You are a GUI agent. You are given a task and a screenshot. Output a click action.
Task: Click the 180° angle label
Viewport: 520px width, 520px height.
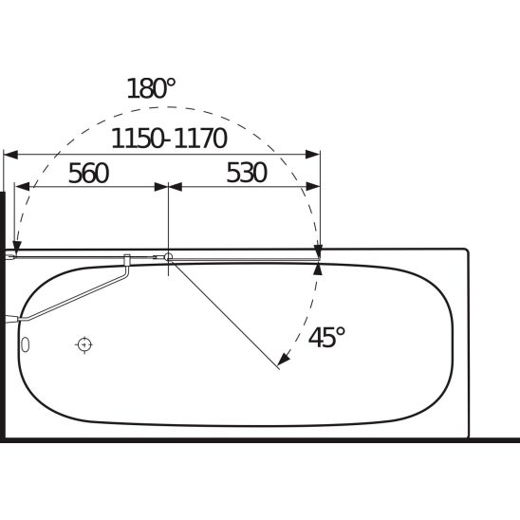(x=151, y=88)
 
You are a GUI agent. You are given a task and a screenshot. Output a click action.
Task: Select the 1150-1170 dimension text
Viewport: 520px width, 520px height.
(x=169, y=139)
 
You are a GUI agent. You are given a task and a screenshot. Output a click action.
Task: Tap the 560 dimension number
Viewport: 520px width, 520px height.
(x=88, y=173)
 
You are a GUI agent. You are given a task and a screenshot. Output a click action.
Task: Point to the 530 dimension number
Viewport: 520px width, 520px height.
(x=247, y=173)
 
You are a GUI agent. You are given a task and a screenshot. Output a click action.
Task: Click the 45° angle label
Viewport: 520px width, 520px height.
(x=327, y=337)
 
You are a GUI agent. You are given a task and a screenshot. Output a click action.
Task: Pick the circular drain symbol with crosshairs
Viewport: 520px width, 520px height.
(x=84, y=344)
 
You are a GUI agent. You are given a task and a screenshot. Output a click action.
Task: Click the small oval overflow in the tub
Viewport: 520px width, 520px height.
(x=26, y=344)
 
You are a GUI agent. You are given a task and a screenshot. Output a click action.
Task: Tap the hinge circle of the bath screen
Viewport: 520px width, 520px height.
(x=168, y=256)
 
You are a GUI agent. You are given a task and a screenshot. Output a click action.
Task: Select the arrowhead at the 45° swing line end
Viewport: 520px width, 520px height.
(x=283, y=360)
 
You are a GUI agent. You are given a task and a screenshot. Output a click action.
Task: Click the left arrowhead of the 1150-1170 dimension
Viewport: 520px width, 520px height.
(x=10, y=155)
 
